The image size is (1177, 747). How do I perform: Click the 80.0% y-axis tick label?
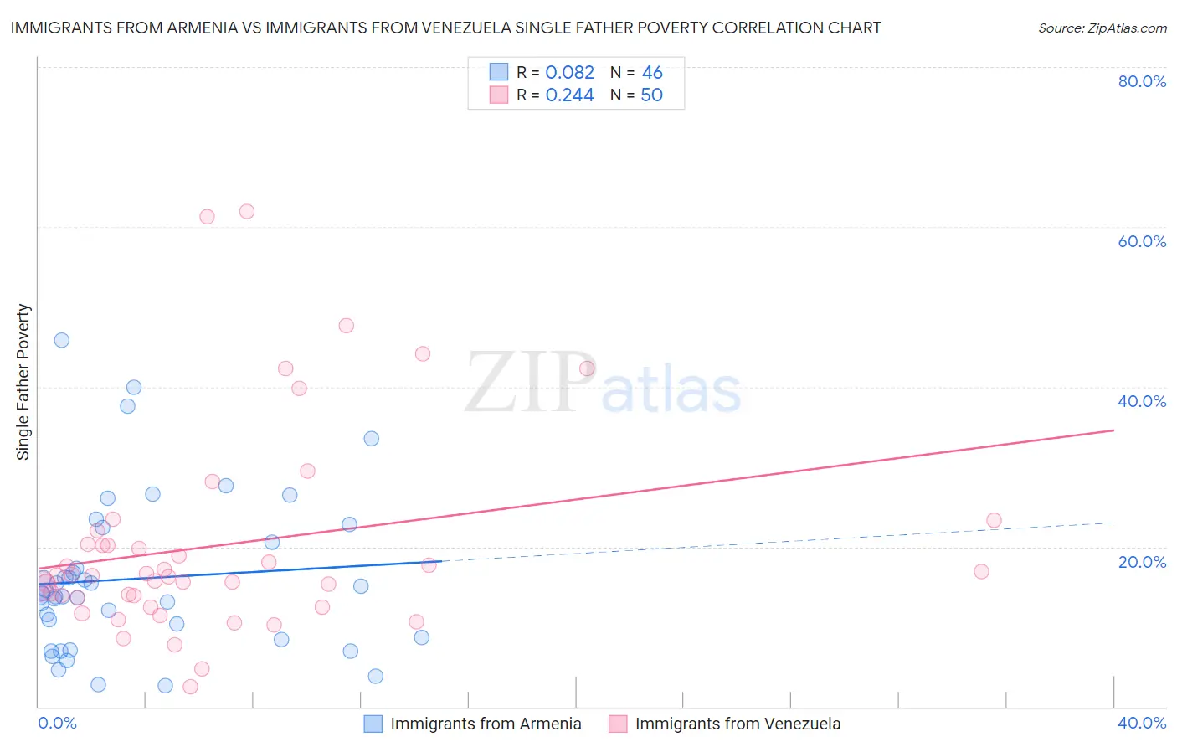tap(1142, 81)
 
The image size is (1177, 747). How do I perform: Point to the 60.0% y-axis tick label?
tap(1142, 241)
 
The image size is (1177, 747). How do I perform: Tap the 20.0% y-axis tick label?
tap(1142, 561)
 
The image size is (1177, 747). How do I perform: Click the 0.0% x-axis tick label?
tap(57, 723)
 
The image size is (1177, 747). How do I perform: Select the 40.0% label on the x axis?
tap(1142, 723)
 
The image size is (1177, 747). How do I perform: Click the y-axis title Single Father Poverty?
tap(23, 382)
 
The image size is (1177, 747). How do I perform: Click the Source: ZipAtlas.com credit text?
tap(1102, 28)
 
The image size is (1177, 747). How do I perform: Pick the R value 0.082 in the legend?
tap(569, 73)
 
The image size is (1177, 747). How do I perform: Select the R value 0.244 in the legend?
tap(569, 95)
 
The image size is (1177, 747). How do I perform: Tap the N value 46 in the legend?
tap(652, 73)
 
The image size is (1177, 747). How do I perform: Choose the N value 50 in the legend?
tap(651, 95)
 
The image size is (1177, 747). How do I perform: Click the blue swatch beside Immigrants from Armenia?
tap(373, 724)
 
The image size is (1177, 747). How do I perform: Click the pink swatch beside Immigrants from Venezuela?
tap(618, 724)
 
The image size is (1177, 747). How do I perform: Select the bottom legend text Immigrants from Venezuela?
tap(738, 724)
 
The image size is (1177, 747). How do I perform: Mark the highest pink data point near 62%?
tap(246, 211)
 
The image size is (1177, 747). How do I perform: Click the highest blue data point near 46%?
tap(61, 340)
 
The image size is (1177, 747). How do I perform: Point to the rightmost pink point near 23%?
tap(994, 520)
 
